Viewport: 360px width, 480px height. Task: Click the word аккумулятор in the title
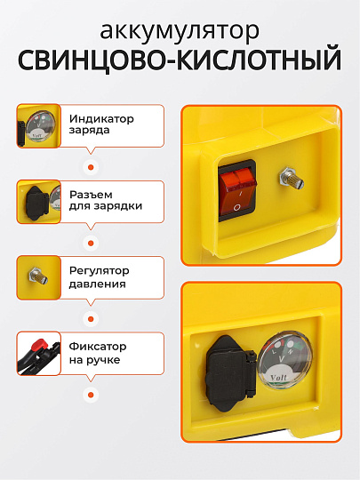[x=180, y=31]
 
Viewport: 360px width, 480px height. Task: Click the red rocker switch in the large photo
[x=236, y=189]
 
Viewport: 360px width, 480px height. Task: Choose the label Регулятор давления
[x=99, y=277]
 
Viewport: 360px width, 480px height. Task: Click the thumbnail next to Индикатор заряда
[x=38, y=125]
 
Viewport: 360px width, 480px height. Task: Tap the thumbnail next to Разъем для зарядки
[x=38, y=201]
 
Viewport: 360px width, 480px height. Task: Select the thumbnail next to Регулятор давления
[x=38, y=277]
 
